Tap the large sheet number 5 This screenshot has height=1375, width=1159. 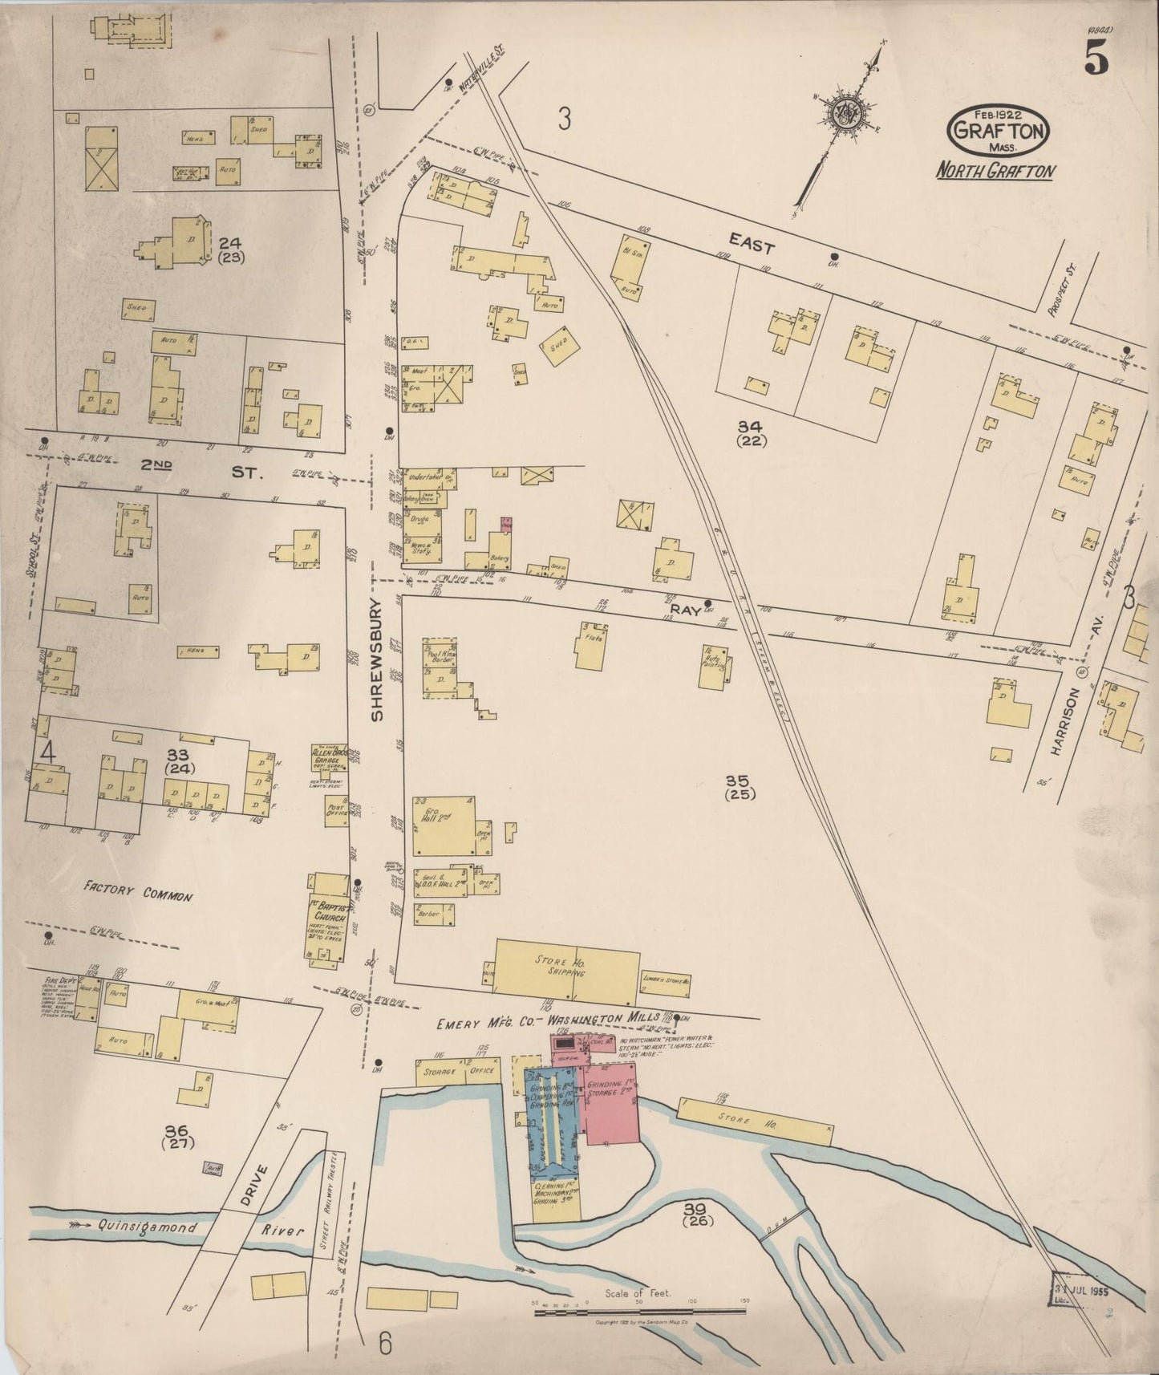click(x=1096, y=57)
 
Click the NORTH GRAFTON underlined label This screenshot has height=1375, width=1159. click(x=995, y=171)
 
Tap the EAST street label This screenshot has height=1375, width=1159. click(x=752, y=238)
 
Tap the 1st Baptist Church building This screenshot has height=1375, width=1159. click(x=328, y=915)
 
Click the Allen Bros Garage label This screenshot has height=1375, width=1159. click(x=329, y=758)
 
